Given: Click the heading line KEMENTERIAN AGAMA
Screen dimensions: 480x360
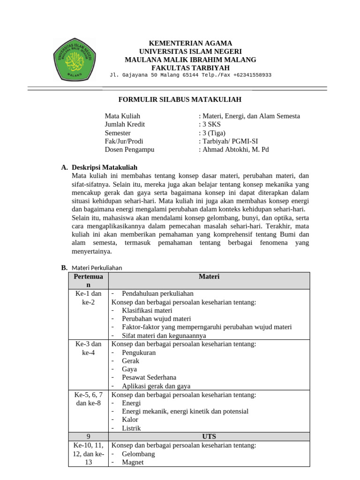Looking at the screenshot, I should coord(190,43).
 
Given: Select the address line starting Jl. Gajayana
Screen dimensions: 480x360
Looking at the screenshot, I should coord(190,75).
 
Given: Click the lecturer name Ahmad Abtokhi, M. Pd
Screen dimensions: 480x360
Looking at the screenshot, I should coord(234,150).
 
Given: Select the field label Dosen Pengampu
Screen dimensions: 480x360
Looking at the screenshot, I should coord(129,150).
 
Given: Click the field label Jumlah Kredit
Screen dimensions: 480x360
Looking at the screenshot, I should coord(125,124).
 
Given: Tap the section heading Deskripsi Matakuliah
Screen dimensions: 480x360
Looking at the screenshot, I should coord(104,167).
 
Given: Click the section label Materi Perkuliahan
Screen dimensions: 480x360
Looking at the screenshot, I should coord(97,268).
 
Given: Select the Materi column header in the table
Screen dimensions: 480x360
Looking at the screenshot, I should coord(209,277).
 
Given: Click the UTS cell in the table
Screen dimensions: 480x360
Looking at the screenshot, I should coord(209,436).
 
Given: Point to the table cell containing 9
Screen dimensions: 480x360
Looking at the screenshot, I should coord(88,436).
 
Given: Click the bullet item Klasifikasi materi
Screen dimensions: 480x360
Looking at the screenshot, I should coord(147,310).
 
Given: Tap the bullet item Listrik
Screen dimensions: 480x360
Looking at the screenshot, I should coord(131,428).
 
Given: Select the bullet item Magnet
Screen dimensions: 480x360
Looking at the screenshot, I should coord(133,462).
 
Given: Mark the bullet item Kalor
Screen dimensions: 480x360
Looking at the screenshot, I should coord(130,420).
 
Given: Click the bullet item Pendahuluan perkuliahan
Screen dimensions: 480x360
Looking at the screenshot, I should coord(157,293).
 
